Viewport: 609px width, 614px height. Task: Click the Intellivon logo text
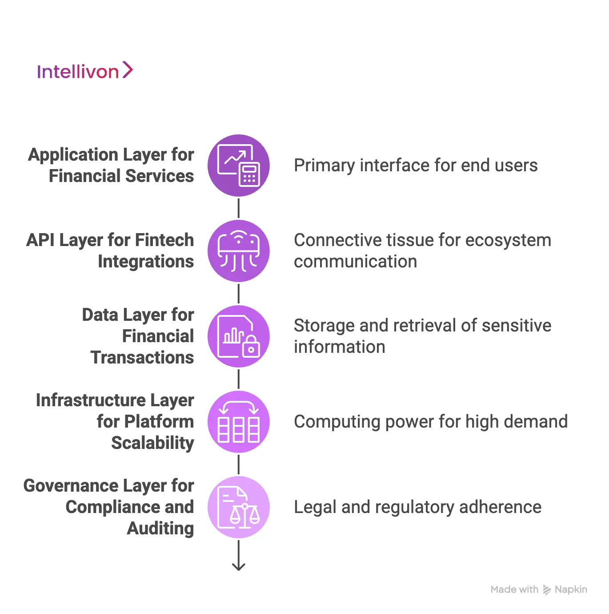[77, 72]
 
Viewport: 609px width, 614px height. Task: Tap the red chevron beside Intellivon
[128, 70]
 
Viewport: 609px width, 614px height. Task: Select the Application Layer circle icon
[239, 165]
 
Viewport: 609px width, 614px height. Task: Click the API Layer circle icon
[239, 250]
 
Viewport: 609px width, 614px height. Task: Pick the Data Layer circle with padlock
[239, 336]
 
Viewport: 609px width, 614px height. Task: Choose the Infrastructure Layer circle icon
[239, 421]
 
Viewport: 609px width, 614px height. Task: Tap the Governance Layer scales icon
[239, 507]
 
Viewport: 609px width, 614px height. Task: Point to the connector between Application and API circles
[239, 208]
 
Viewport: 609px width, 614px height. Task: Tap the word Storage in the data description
[324, 326]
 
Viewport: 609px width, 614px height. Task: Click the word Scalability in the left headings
[152, 443]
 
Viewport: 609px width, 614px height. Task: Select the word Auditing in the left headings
[160, 529]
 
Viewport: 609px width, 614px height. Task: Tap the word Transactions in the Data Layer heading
[142, 358]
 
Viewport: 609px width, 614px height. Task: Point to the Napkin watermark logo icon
[547, 590]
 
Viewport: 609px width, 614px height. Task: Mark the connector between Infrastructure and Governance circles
[239, 464]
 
